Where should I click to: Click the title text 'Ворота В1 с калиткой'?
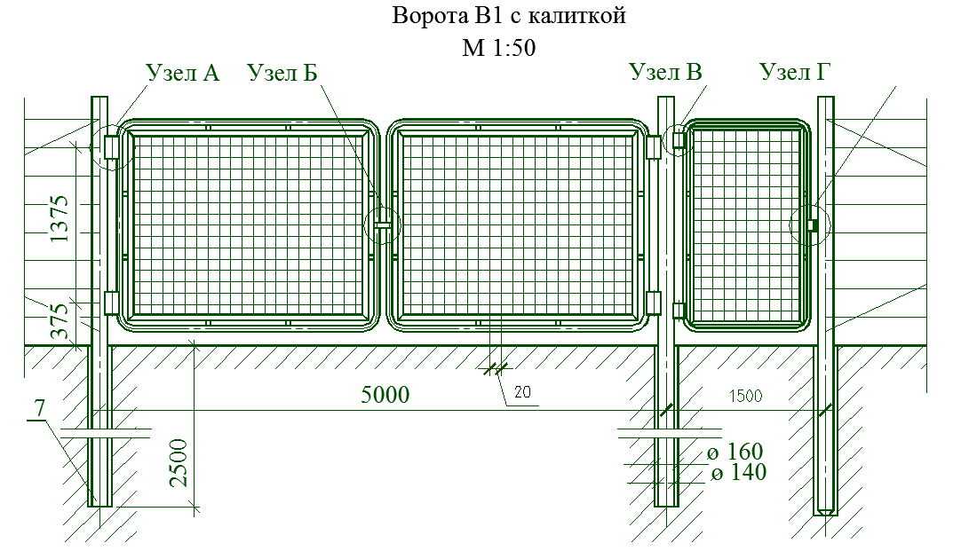click(x=509, y=15)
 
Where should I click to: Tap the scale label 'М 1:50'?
click(x=499, y=47)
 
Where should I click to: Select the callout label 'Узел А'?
click(x=182, y=73)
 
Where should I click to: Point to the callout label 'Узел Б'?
click(x=282, y=73)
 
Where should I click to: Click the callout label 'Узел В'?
click(x=665, y=72)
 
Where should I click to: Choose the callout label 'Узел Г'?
click(x=795, y=72)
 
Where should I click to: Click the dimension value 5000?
click(x=385, y=395)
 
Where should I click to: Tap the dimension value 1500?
click(x=745, y=396)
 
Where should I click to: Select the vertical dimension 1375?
click(x=60, y=218)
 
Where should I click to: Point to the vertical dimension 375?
click(x=60, y=321)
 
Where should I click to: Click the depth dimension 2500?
click(x=179, y=463)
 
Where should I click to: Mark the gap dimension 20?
click(x=522, y=392)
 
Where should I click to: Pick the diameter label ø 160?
click(x=735, y=452)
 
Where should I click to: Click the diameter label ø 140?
click(x=739, y=473)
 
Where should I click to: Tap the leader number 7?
click(x=40, y=408)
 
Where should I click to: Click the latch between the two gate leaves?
click(x=383, y=225)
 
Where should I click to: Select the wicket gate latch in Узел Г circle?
click(x=813, y=225)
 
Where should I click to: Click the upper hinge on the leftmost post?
click(x=111, y=147)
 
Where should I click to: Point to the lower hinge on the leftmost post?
click(x=111, y=303)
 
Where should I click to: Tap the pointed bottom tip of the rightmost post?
click(x=825, y=515)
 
